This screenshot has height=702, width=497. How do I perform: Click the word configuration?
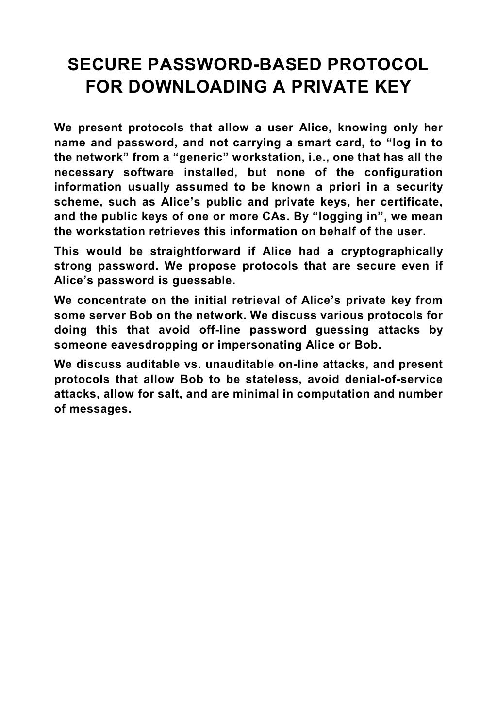[403, 173]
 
